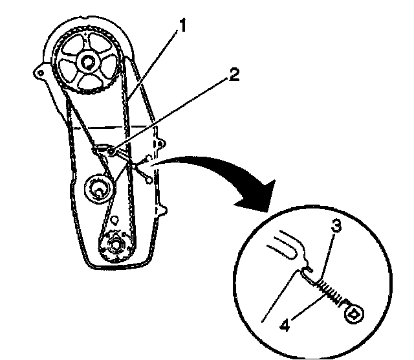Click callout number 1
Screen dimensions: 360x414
coord(185,27)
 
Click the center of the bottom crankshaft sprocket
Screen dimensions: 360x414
coord(116,245)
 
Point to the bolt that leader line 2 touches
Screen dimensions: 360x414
coord(112,150)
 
